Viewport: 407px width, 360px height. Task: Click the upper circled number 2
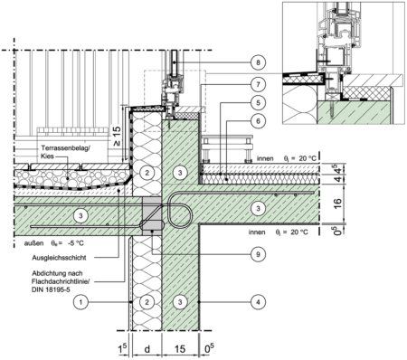click(147, 172)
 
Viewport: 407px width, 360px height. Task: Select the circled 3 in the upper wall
click(180, 172)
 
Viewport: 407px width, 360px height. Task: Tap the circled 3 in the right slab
click(259, 209)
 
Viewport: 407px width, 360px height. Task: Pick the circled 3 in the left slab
click(80, 215)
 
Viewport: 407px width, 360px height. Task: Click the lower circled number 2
click(147, 300)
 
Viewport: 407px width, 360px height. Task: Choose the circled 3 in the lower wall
click(180, 300)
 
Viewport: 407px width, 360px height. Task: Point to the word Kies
click(46, 156)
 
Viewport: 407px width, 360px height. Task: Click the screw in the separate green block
click(333, 110)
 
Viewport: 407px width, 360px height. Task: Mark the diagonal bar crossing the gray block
click(152, 214)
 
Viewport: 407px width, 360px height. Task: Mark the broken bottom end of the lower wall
click(180, 328)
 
